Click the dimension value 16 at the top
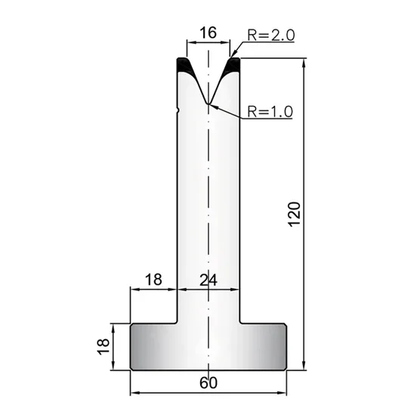(208, 33)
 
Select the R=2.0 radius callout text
(270, 35)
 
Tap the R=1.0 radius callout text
(270, 112)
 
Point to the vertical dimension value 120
(295, 215)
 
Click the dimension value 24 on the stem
(208, 280)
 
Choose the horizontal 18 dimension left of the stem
(153, 279)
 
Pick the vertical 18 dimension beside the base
(103, 347)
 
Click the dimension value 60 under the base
(208, 383)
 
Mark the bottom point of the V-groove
(208, 103)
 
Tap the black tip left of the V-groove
(185, 66)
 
